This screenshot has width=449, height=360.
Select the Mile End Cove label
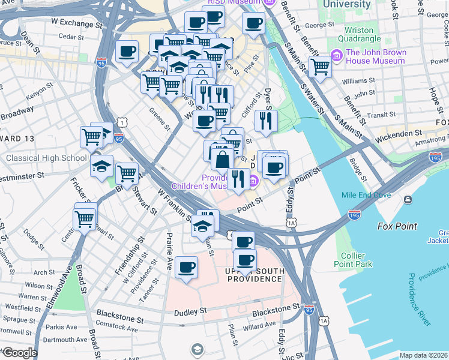point(366,195)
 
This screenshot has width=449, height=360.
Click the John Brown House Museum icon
point(336,56)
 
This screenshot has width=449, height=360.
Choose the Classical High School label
point(46,158)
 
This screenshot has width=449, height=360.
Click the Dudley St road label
point(190,312)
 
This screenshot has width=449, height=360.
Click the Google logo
point(19,353)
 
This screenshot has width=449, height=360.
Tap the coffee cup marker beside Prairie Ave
point(187,268)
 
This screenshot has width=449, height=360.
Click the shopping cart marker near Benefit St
point(320,68)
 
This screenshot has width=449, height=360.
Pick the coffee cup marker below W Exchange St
point(127,52)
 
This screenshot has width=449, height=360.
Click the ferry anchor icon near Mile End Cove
point(408,199)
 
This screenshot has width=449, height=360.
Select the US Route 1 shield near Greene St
point(122,122)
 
